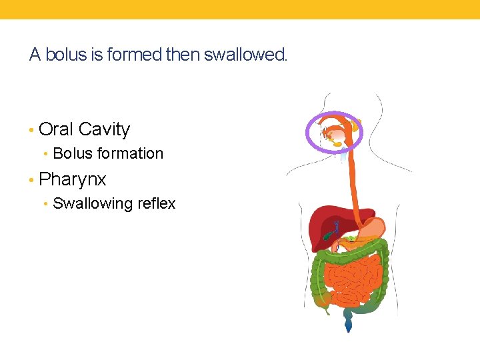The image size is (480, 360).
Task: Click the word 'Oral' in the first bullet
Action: tap(56, 129)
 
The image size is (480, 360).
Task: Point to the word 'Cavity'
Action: tap(104, 129)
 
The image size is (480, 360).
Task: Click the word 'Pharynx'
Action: tap(73, 179)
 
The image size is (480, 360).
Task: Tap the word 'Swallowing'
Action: tap(91, 203)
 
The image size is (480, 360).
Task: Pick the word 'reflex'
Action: tap(155, 203)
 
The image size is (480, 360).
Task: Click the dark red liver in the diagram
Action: tap(320, 223)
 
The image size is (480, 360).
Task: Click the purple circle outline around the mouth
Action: tap(308, 130)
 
